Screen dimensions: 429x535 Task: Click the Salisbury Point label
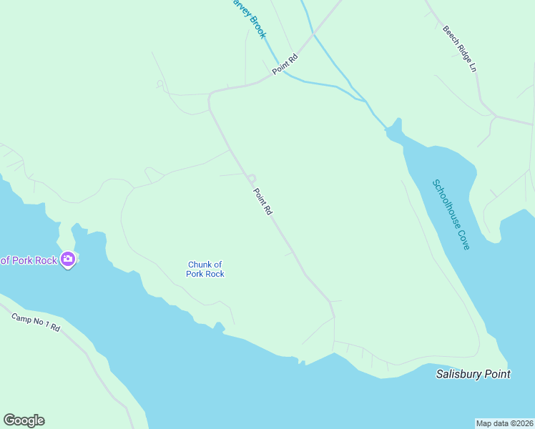473,374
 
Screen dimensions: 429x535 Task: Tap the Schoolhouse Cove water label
451,214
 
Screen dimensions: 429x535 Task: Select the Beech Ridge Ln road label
459,49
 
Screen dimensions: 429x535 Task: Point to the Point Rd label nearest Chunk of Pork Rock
262,202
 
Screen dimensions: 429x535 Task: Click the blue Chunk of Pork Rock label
205,269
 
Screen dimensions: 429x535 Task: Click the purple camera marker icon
68,259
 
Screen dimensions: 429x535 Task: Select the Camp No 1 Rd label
36,322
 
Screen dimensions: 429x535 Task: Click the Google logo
24,420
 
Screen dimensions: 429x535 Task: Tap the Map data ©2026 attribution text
505,423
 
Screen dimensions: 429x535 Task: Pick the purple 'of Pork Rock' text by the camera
29,260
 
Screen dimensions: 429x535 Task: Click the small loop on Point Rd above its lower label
252,178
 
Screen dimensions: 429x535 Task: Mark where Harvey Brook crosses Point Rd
278,69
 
